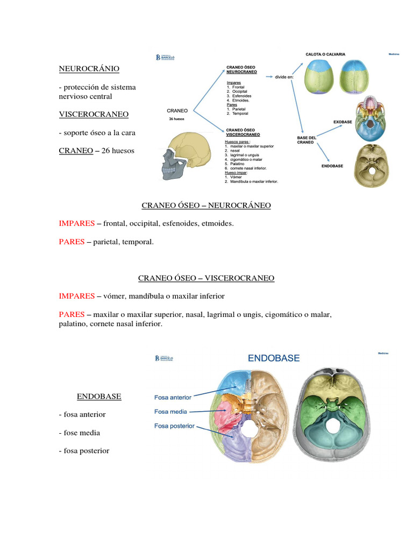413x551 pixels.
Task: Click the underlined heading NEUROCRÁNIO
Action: tap(89, 69)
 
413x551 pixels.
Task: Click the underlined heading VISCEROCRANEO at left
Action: tap(94, 114)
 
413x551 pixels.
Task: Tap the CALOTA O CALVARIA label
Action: tap(325, 54)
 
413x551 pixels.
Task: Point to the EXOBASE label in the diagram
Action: tap(343, 122)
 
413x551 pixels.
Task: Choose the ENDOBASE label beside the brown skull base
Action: tap(333, 166)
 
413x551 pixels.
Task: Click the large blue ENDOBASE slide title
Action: tap(273, 357)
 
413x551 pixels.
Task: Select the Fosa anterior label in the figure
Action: tap(173, 398)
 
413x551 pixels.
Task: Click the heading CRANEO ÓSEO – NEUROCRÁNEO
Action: tap(206, 206)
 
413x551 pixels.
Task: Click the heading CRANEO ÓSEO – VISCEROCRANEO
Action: tap(206, 278)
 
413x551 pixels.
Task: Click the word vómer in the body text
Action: tap(115, 296)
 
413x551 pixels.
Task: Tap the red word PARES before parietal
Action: tap(72, 242)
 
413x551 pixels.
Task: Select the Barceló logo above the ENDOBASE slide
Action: tap(164, 358)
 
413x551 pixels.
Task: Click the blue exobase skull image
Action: tap(369, 119)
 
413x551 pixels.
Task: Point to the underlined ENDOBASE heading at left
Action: tap(99, 397)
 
